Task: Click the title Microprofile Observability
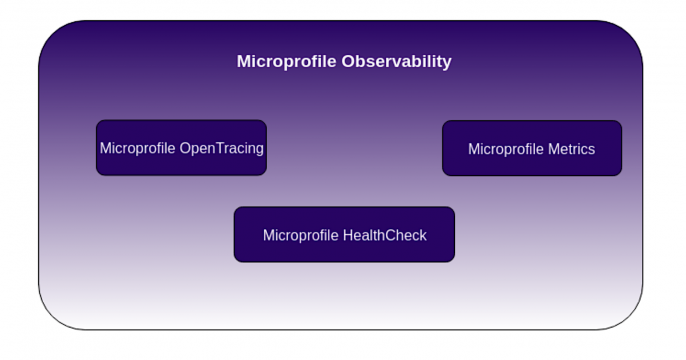(x=343, y=62)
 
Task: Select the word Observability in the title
(x=397, y=62)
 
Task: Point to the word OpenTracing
(x=221, y=149)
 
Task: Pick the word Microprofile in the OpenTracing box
(x=138, y=148)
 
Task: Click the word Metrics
(x=571, y=149)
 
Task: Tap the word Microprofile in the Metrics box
(x=506, y=149)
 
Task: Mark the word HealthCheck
(x=384, y=236)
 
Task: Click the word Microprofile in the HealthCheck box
(x=301, y=236)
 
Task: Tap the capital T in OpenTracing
(x=220, y=148)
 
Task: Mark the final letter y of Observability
(x=447, y=64)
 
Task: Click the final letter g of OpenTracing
(x=259, y=150)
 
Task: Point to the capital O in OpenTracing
(x=186, y=148)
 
